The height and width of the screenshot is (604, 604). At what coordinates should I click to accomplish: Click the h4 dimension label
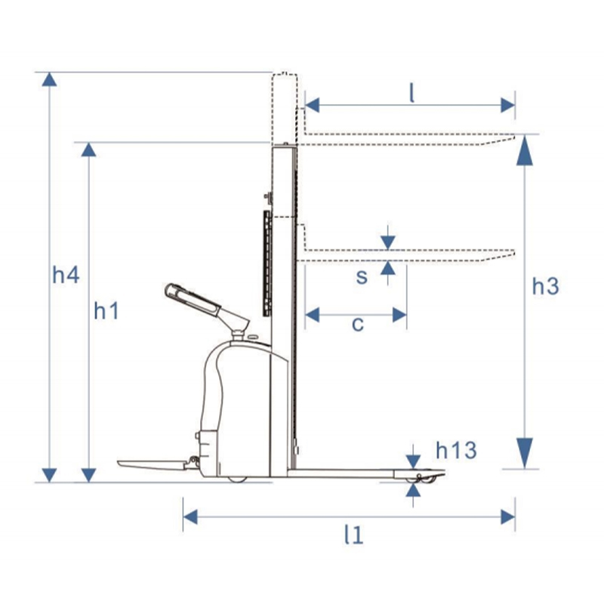coord(66,275)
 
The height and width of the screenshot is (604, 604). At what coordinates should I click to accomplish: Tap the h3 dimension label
coord(545,286)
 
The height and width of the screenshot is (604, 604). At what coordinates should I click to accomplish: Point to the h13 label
coord(457,449)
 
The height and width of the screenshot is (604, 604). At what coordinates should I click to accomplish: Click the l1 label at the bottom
coord(354,535)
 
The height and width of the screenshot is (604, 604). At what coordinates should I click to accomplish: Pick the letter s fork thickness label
coord(362,277)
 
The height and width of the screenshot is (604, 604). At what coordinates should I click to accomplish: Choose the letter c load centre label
coord(358,325)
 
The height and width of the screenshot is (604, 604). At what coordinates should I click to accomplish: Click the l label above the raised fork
coord(411,93)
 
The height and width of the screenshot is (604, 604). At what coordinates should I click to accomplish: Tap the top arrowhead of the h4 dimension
coord(49,79)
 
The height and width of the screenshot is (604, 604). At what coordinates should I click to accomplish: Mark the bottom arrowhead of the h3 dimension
coord(525,453)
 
